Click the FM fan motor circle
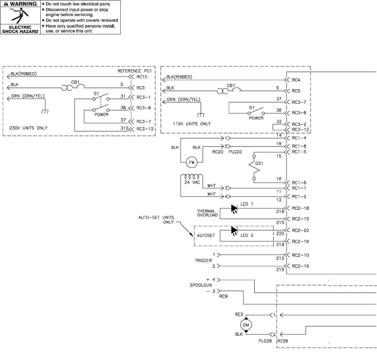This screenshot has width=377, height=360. coord(192,162)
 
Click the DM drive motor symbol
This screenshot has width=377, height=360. coord(246,325)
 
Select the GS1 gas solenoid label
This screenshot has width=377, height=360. coord(259,163)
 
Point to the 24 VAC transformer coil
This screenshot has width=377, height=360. coord(192,176)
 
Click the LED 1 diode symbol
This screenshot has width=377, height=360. coord(234,208)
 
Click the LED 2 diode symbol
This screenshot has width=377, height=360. coord(234,230)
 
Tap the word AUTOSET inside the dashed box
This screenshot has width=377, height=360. coord(206,235)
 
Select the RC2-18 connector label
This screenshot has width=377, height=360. coord(300,208)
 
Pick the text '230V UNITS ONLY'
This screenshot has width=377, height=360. coord(28,128)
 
